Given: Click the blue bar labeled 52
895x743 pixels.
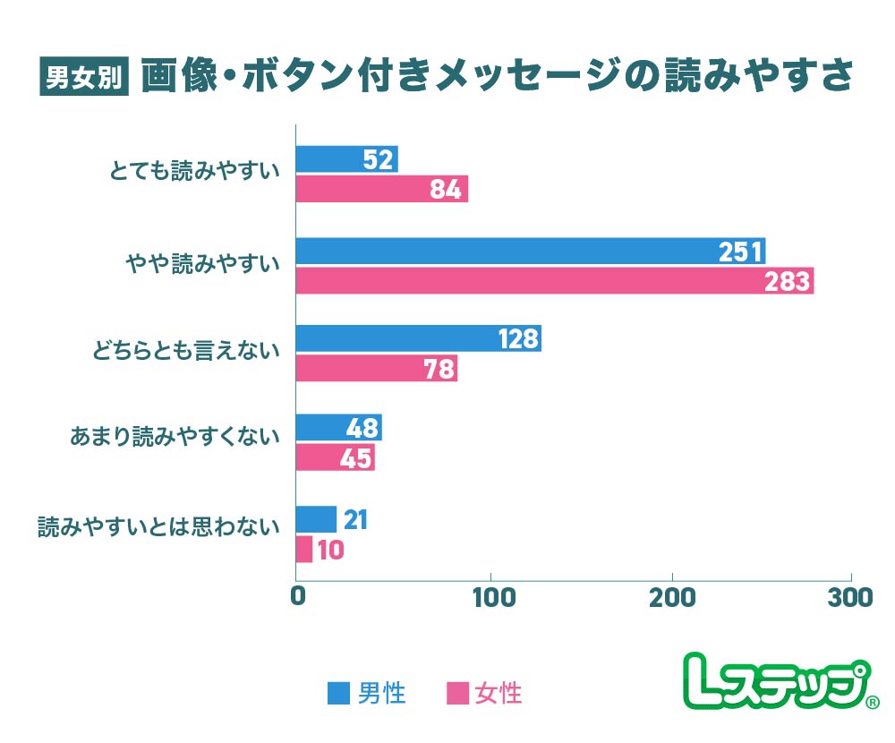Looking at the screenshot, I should click(x=346, y=159).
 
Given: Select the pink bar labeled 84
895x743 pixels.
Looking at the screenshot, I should click(x=381, y=189).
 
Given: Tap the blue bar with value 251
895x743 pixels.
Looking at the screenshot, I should click(x=530, y=251).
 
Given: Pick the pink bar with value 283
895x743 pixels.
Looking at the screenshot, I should click(x=554, y=281).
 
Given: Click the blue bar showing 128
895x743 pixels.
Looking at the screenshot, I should click(x=418, y=338).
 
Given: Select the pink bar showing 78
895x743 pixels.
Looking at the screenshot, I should click(x=376, y=369).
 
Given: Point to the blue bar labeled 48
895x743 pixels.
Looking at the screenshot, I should click(x=338, y=428).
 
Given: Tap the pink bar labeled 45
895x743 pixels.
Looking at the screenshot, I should click(x=335, y=457).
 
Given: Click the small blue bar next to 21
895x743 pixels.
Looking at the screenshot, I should click(x=316, y=519).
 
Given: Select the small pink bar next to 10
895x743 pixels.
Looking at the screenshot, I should click(x=304, y=549).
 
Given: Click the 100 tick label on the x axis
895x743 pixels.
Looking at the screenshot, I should click(x=491, y=597).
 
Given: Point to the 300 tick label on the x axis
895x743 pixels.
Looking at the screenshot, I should click(x=850, y=597).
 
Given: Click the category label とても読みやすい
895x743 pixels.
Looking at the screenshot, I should click(x=193, y=171).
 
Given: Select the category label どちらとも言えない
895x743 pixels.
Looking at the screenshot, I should click(x=186, y=351).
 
